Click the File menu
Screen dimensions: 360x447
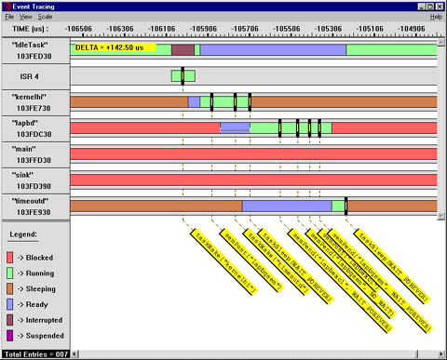(x=8, y=17)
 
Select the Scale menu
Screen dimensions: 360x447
(x=45, y=17)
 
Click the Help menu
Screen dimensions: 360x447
(x=435, y=17)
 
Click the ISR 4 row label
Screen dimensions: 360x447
(x=34, y=75)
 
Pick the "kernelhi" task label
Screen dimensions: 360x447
(x=34, y=96)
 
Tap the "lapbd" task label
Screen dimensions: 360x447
(x=34, y=122)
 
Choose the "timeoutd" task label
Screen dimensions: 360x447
(x=34, y=200)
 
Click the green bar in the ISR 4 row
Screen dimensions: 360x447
(x=183, y=75)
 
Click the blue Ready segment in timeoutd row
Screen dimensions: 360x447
(x=287, y=205)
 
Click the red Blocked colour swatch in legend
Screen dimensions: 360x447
(x=10, y=254)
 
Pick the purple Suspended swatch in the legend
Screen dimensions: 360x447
(x=10, y=336)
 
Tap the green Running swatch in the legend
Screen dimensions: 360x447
(x=10, y=271)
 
